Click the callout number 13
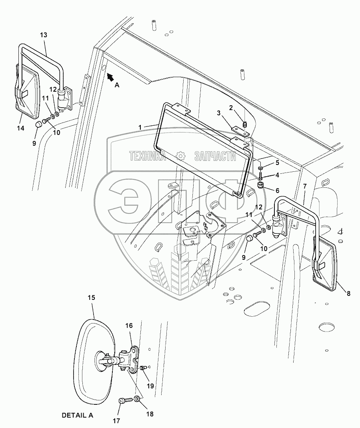[43, 35]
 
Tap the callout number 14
[21, 128]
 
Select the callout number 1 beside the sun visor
[140, 127]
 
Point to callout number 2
[231, 108]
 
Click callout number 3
[219, 113]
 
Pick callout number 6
[277, 190]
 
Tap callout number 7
[305, 186]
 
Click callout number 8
[348, 293]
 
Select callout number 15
[92, 297]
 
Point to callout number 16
[129, 326]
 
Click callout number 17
[116, 421]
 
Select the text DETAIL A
[78, 415]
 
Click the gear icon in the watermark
[180, 156]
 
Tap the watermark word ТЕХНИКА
[147, 156]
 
